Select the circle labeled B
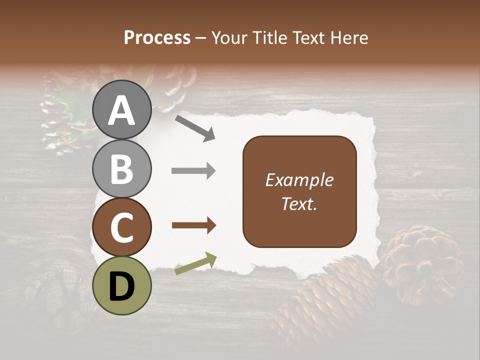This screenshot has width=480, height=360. pos(122,168)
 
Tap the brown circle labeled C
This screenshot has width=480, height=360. pos(122,227)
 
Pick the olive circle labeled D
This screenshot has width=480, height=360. pos(122,285)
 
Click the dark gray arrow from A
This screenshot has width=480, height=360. pos(195,128)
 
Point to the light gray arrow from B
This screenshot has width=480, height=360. pos(194,171)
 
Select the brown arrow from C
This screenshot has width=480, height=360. pos(194,225)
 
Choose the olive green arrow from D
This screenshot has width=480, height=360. pos(195,263)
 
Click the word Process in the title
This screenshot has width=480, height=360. pos(157,37)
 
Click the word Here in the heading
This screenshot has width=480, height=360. pos(350,37)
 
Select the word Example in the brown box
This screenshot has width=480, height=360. pos(299,180)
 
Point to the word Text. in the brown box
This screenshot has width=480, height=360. pos(299,203)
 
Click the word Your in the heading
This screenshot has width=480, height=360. pos(230,37)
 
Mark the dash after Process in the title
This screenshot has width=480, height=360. pos(201,38)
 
